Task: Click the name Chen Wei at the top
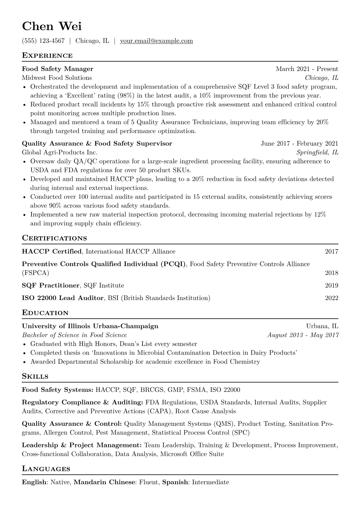coord(52,26)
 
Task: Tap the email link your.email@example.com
coord(156,41)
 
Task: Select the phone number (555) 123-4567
coord(43,41)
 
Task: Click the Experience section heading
coord(47,56)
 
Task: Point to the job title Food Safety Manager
coord(57,69)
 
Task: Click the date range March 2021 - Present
coord(307,69)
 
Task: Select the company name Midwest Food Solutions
coord(57,78)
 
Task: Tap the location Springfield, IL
coord(317,152)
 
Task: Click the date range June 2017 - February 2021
coord(299,144)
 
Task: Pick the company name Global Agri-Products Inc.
coord(60,152)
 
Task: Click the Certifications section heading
coord(54,238)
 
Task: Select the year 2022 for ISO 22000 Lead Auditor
coord(332,298)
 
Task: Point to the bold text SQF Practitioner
coord(51,285)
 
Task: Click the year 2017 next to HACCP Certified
coord(332,252)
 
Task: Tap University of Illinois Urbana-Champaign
coord(90,326)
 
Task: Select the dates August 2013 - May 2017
coord(303,335)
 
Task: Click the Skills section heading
coord(35,377)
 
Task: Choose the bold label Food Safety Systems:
coord(57,390)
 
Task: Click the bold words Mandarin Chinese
coord(104,482)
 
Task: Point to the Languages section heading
coord(46,469)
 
